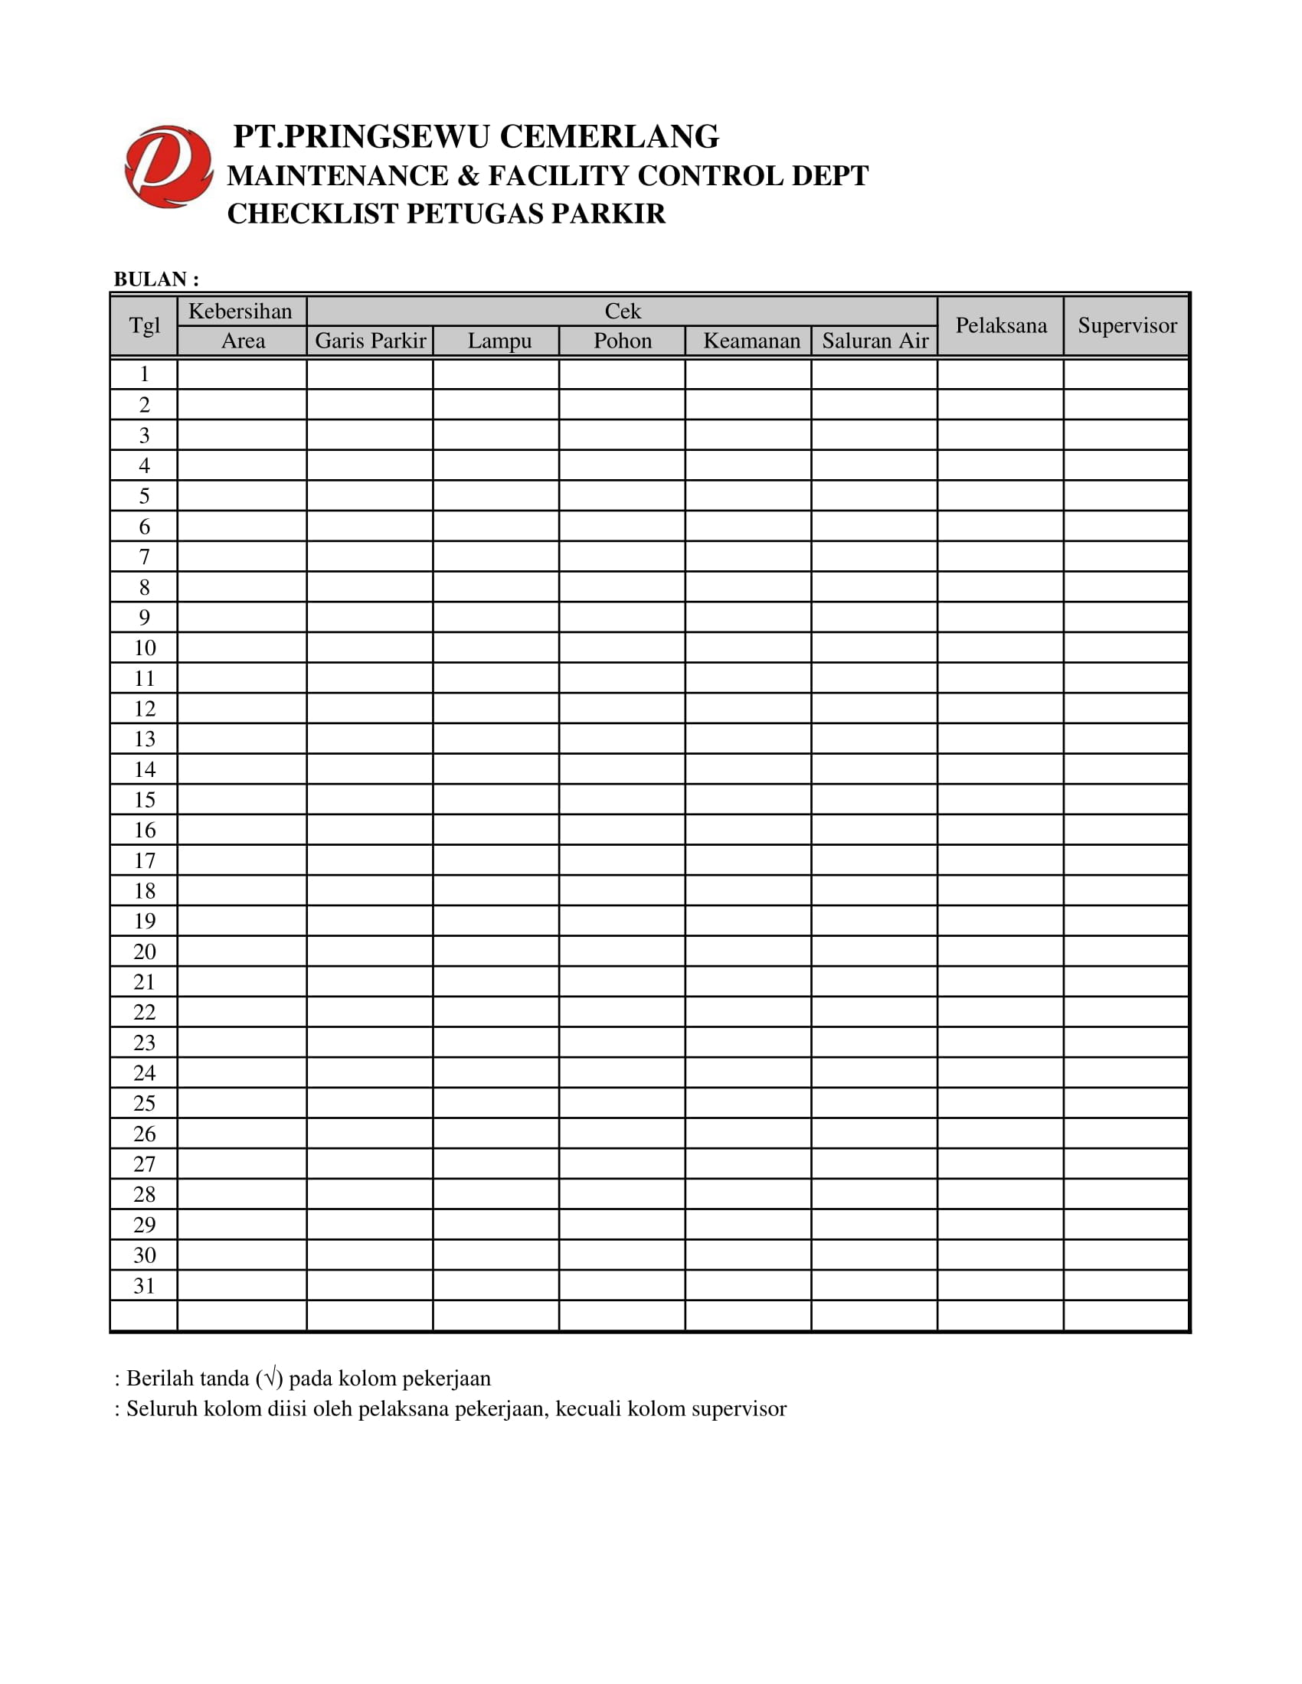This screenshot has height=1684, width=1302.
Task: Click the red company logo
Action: pos(168,167)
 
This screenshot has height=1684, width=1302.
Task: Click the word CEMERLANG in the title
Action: pos(610,136)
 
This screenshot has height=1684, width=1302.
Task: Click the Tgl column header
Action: pos(144,325)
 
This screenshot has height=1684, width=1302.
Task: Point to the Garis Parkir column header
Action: pos(370,341)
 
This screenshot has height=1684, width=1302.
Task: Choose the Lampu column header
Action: pos(499,341)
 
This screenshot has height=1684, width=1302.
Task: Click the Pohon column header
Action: pos(623,341)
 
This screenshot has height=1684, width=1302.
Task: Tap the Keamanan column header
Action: pos(751,341)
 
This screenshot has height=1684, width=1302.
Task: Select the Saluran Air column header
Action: pos(875,341)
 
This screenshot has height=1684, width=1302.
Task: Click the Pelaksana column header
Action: pos(1001,325)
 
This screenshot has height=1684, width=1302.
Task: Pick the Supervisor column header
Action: pos(1127,325)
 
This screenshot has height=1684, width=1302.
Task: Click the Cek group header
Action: pos(623,311)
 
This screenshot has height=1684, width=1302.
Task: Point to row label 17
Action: pos(144,860)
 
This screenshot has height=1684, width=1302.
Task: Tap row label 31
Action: pos(144,1285)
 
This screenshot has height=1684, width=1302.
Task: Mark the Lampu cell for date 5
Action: pos(496,496)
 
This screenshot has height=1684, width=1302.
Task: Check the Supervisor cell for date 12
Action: pos(1126,709)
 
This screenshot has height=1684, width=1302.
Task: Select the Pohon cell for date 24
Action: pos(622,1072)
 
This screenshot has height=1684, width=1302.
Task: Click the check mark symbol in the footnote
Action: pos(269,1377)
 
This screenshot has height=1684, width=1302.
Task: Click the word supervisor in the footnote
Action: pos(739,1408)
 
